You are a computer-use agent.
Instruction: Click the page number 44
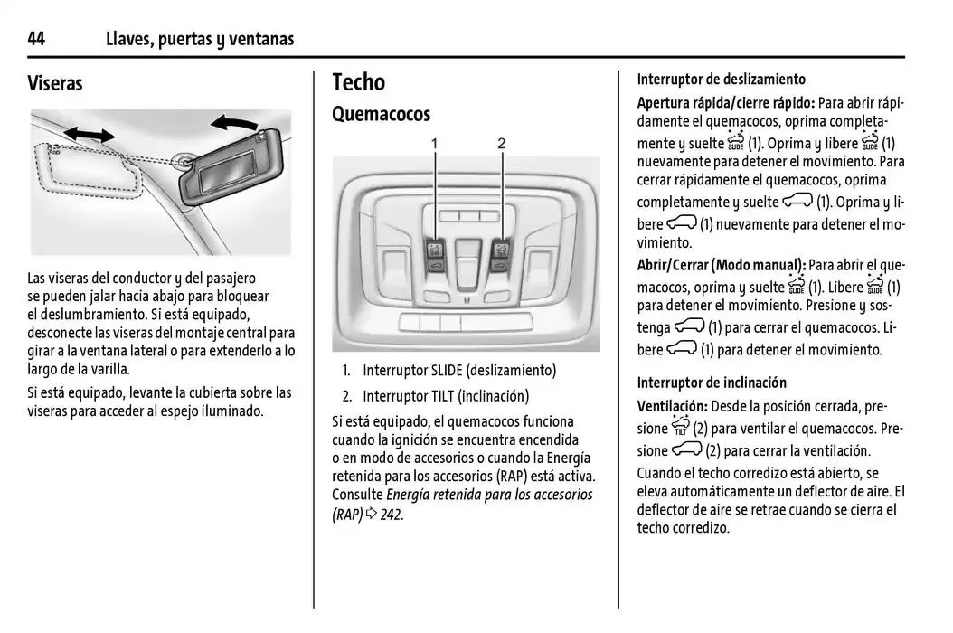[36, 38]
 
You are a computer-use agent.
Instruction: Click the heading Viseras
[55, 83]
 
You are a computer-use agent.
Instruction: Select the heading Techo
[358, 82]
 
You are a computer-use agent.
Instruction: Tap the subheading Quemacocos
[381, 114]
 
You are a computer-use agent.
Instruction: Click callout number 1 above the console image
[434, 143]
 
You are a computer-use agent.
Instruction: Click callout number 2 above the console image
[501, 143]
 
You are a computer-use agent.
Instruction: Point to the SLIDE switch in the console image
[435, 256]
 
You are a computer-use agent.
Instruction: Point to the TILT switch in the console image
[499, 256]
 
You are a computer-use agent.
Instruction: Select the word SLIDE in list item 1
[444, 371]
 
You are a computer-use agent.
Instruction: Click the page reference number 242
[390, 515]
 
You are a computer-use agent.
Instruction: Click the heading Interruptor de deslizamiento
[721, 80]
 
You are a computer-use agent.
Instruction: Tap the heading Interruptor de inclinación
[712, 383]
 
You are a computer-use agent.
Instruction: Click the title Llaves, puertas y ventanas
[200, 38]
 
